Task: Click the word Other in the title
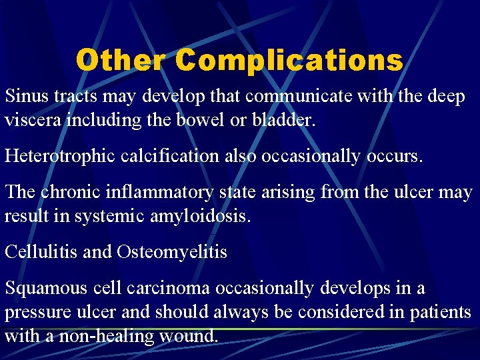pos(120,60)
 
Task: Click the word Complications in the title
pos(289,60)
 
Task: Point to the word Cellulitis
pos(41,253)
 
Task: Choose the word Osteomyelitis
pos(172,253)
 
